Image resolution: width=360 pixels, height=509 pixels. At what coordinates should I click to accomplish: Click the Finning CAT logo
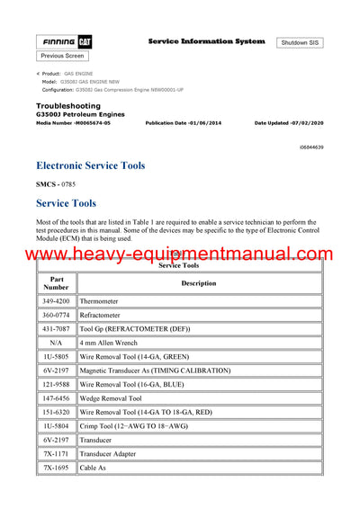click(x=62, y=42)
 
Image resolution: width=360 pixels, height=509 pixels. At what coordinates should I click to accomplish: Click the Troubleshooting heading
click(x=67, y=106)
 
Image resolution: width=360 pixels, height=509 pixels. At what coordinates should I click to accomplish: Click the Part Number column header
click(x=56, y=283)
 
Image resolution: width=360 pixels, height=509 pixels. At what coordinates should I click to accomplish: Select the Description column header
click(x=199, y=283)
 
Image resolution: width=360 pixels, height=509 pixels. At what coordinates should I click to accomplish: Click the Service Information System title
click(x=206, y=41)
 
